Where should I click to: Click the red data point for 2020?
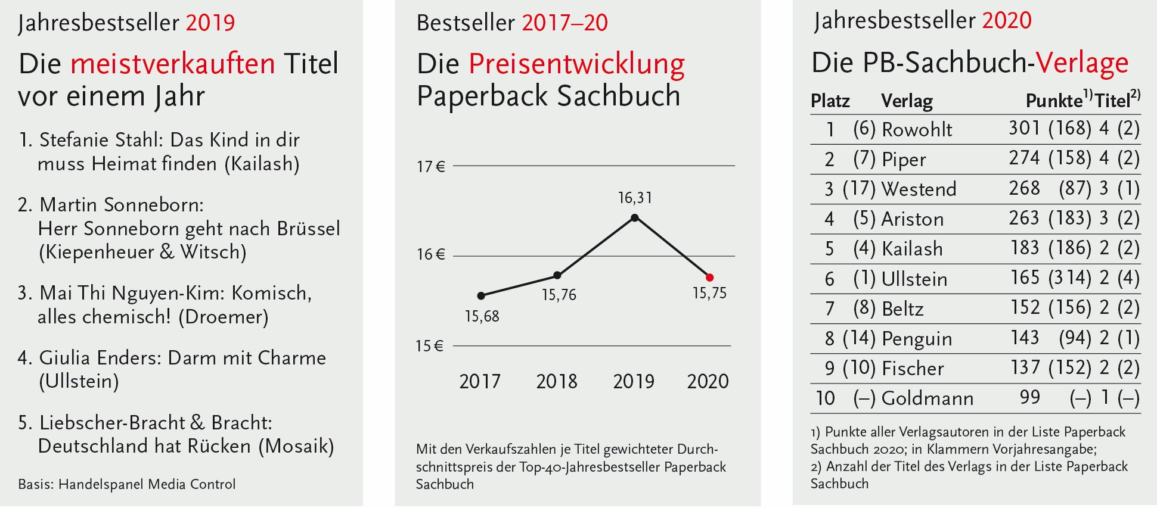pos(709,278)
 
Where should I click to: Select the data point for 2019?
pos(635,218)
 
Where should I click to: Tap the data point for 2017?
pos(481,295)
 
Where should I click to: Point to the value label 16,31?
pos(635,198)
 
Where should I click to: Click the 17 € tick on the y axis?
pos(430,167)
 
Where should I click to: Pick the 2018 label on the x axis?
pos(557,381)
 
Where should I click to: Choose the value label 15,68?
pos(482,316)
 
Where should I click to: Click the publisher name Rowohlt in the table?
pos(917,129)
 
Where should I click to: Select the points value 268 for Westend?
pos(1024,189)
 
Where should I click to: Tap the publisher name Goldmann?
pos(927,398)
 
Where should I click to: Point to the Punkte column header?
pos(1054,101)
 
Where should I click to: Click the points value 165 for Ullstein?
pos(1025,278)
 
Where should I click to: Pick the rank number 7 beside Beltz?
pos(829,308)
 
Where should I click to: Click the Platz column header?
pos(830,101)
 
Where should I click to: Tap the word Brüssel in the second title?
pos(309,229)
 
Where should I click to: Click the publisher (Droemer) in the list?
pos(227,317)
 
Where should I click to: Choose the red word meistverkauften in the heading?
pos(173,64)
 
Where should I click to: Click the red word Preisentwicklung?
pos(576,64)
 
